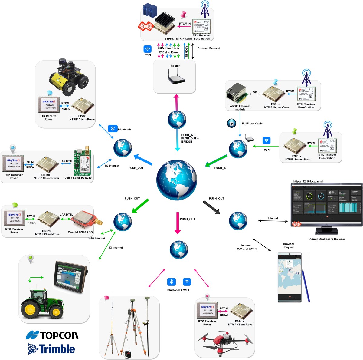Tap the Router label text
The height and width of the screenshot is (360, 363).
coord(175,66)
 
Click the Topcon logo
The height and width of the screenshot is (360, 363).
coord(52,335)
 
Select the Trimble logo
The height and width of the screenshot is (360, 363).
coord(51,349)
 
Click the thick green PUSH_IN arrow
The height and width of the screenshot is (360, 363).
coord(216,161)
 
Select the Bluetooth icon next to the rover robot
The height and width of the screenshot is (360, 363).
coord(113,129)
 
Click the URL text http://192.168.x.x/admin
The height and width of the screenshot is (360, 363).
coord(309,181)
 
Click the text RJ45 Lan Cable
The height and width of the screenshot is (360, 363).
coord(252,124)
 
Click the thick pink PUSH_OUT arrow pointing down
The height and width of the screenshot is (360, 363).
coord(178,223)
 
